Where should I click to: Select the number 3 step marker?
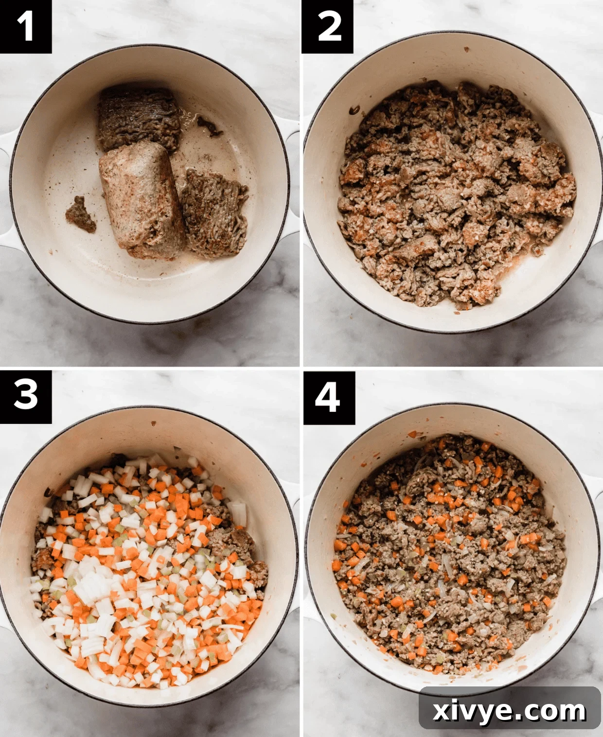click(x=25, y=396)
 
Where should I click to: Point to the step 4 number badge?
click(x=329, y=397)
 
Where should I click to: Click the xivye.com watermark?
click(x=509, y=711)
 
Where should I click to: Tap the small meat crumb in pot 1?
click(x=80, y=214)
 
